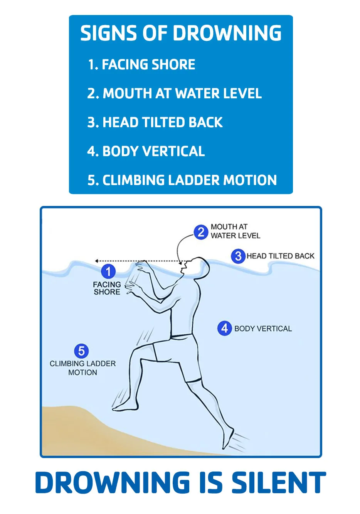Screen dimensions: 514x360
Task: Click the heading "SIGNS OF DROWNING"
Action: (x=181, y=33)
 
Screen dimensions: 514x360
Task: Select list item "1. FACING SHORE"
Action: (x=141, y=64)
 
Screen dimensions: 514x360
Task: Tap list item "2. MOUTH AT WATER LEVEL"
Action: (x=174, y=93)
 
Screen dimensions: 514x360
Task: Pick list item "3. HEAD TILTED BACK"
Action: (x=155, y=122)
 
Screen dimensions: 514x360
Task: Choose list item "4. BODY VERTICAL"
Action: (x=146, y=151)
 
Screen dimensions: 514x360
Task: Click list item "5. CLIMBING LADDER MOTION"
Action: (x=182, y=180)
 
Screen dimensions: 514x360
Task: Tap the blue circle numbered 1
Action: (x=108, y=271)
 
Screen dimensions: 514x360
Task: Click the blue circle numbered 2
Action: (x=201, y=232)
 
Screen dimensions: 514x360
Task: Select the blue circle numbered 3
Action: (x=238, y=256)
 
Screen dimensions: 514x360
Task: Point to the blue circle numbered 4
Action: (x=224, y=329)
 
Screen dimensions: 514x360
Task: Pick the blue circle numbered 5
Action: (x=81, y=351)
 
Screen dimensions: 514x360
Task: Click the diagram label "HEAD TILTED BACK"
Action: (x=280, y=256)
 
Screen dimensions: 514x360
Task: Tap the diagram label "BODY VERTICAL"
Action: (x=263, y=329)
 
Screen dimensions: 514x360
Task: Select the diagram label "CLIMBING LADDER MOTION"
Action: (x=82, y=368)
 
